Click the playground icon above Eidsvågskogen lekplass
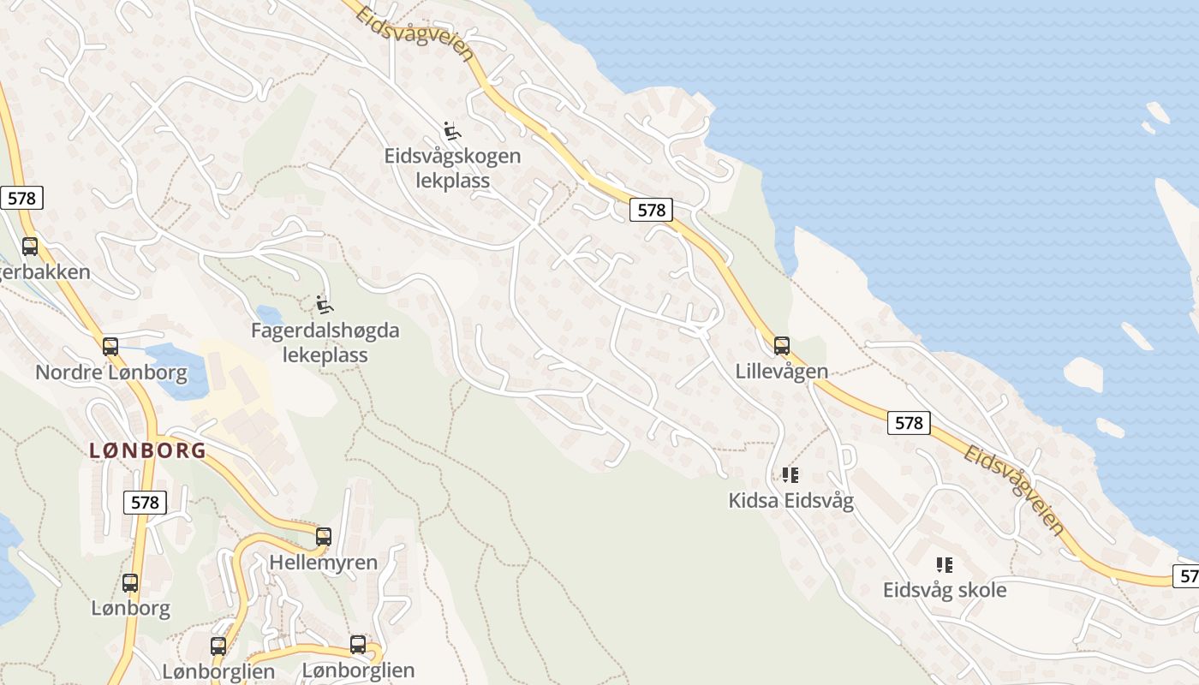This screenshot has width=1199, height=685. tap(452, 131)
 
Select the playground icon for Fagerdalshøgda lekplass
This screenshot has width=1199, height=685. tap(324, 304)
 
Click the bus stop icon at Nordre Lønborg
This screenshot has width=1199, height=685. tap(110, 347)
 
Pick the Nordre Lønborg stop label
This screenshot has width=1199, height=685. tap(111, 372)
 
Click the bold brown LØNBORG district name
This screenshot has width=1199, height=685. tap(148, 450)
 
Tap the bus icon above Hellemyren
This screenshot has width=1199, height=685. tap(324, 537)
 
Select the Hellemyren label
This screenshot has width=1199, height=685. tap(323, 563)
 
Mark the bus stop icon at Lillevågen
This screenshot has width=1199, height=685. tap(782, 346)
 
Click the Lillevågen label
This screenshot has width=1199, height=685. tap(782, 371)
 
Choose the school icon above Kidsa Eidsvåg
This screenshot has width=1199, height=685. tap(790, 474)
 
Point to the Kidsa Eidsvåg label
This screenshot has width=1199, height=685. tap(790, 500)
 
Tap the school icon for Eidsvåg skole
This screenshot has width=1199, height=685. tap(945, 564)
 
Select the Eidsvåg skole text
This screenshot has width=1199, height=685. tap(945, 590)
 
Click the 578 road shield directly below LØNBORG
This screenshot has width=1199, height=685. tap(145, 503)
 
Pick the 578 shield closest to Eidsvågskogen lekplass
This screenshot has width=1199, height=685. tap(651, 210)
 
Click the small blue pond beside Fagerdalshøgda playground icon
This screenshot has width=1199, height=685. tap(269, 315)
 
